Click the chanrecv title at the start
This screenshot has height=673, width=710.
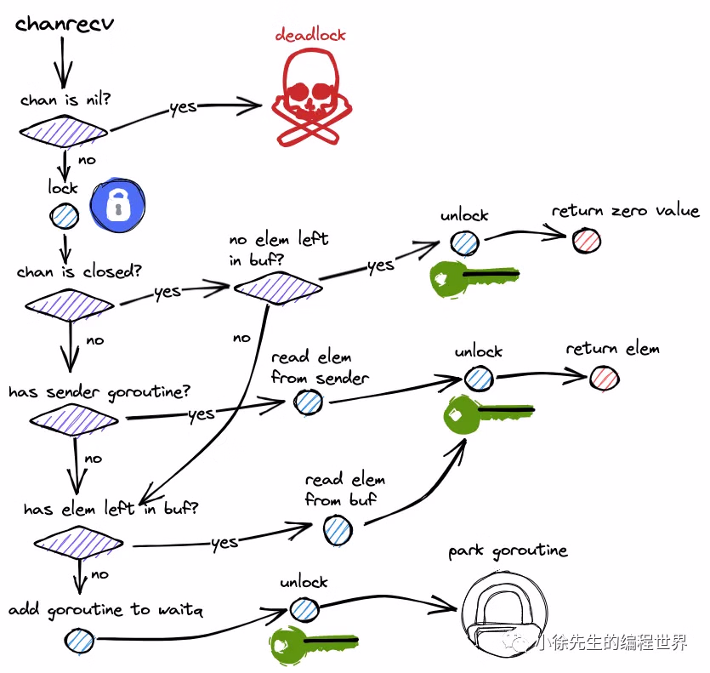click(x=65, y=23)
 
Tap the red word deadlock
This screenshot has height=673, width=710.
click(x=310, y=35)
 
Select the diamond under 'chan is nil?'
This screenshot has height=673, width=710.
click(x=64, y=131)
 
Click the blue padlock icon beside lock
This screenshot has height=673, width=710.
click(x=118, y=206)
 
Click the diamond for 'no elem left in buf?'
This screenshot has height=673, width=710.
click(x=278, y=288)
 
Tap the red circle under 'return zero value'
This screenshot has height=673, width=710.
click(x=586, y=241)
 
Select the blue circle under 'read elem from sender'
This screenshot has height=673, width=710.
click(x=308, y=403)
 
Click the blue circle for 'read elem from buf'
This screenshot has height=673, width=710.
click(x=338, y=531)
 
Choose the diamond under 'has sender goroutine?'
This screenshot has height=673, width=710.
click(x=74, y=419)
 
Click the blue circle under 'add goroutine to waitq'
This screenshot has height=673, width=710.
click(x=82, y=639)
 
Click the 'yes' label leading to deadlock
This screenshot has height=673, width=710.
click(x=183, y=107)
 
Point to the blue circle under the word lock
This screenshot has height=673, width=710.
click(x=64, y=217)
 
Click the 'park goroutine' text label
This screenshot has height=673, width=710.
click(x=508, y=551)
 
